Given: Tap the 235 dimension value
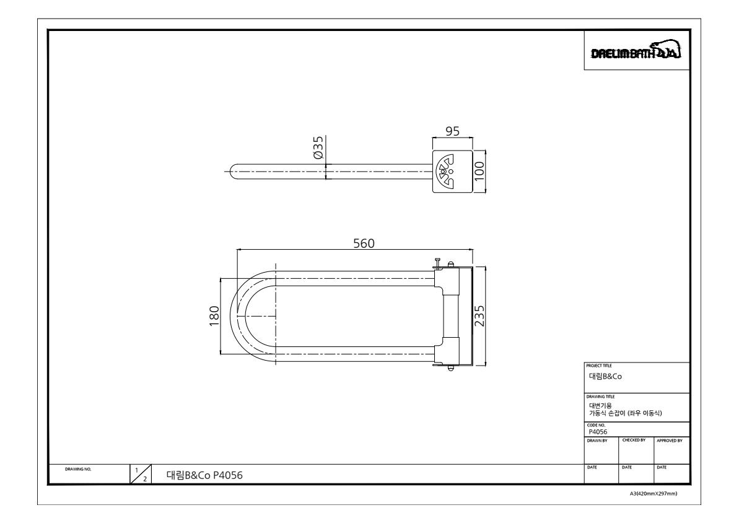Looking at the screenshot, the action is [x=479, y=316].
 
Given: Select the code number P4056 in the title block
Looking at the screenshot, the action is [x=598, y=432].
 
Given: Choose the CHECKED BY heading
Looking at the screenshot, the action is [x=632, y=440].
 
